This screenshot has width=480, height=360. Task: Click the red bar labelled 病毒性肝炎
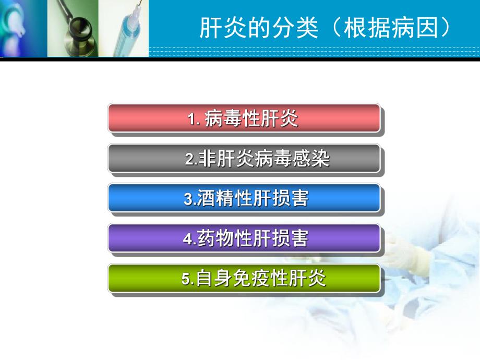244,118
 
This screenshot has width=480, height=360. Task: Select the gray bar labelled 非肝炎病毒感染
244,158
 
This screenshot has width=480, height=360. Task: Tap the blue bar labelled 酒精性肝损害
244,198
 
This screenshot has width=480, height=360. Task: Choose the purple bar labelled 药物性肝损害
244,238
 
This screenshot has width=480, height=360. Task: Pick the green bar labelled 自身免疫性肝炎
244,278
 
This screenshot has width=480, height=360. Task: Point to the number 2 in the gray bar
189,159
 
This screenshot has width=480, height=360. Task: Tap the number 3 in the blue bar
188,199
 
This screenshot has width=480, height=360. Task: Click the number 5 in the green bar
186,279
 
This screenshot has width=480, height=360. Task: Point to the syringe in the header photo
130,31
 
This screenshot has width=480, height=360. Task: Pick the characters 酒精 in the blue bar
214,198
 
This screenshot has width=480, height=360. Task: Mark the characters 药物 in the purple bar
214,238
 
